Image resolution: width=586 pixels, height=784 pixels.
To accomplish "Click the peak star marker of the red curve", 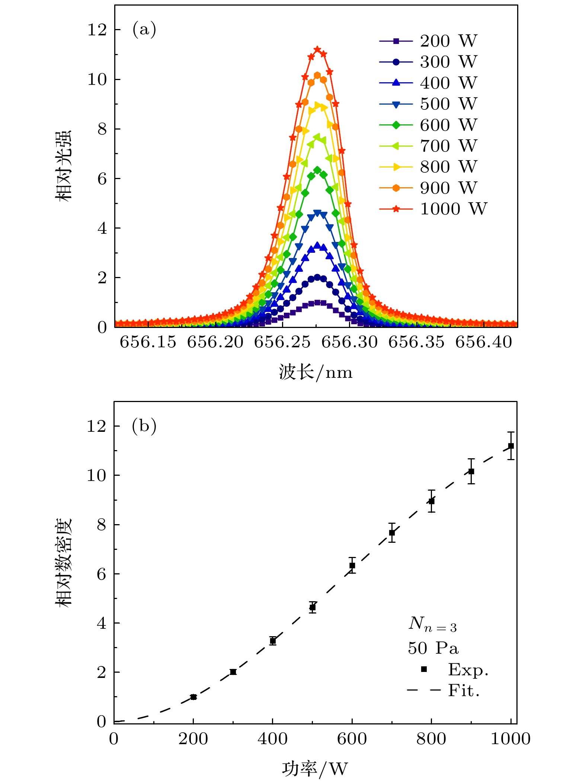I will click(x=317, y=49).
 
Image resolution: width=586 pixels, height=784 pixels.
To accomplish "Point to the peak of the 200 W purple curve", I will click(x=317, y=302).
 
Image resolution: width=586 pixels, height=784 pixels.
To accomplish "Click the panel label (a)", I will click(x=144, y=29).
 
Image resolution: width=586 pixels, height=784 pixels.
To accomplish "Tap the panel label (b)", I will click(x=144, y=426).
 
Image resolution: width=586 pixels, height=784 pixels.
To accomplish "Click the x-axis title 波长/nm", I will click(x=316, y=372).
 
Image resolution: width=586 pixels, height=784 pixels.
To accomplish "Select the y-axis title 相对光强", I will click(x=63, y=166).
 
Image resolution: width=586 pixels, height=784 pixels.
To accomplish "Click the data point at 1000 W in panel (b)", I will click(x=511, y=446).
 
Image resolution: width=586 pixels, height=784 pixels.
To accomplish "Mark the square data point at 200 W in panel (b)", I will click(x=193, y=697).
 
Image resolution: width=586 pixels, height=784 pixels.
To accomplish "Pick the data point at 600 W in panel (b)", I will click(x=352, y=565).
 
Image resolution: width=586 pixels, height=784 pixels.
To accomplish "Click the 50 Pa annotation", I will click(x=433, y=648).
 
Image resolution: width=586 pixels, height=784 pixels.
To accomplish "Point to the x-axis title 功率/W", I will click(x=315, y=768).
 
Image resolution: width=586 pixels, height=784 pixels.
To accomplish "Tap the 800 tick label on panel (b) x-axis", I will click(x=431, y=739).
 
